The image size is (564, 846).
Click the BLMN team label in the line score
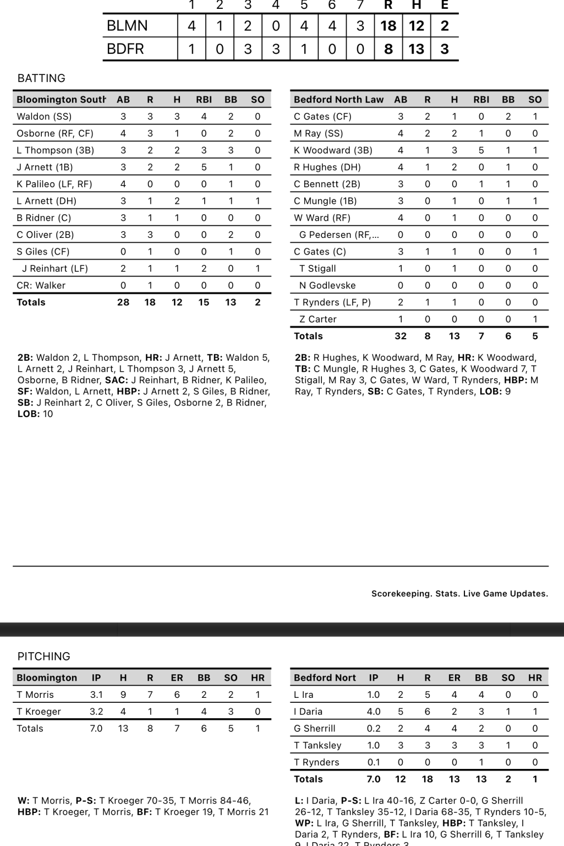[127, 26]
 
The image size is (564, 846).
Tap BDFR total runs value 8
[388, 49]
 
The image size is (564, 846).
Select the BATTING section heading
[41, 78]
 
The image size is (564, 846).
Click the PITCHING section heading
[44, 657]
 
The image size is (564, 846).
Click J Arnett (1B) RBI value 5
[204, 167]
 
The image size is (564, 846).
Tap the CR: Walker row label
[41, 285]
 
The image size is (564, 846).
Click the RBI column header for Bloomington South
[204, 100]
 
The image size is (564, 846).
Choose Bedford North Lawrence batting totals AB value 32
[401, 336]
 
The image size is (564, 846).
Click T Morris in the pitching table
[35, 695]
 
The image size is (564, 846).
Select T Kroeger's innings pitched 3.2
[96, 712]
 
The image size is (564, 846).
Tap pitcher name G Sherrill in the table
[315, 728]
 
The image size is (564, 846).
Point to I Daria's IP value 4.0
[374, 712]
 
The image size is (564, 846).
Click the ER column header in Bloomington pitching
[177, 678]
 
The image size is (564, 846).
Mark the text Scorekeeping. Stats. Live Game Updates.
[459, 594]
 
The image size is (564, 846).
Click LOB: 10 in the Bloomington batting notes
[35, 414]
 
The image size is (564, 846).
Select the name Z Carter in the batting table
[318, 319]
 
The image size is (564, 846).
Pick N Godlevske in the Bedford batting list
[327, 285]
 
